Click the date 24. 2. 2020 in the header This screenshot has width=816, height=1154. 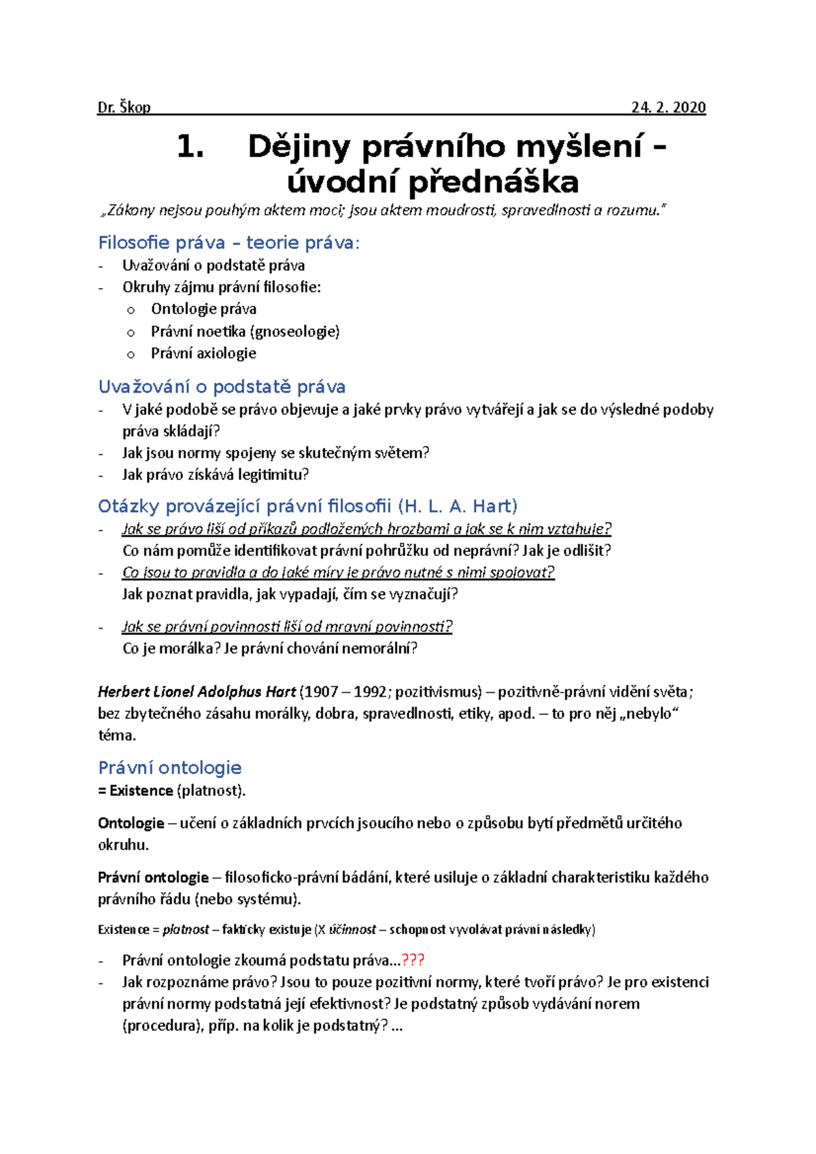(668, 107)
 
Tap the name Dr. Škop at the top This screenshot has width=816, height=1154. (124, 107)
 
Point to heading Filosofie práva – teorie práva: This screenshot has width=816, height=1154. (228, 243)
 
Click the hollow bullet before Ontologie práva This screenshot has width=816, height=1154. (131, 310)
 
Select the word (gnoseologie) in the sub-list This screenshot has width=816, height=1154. (295, 332)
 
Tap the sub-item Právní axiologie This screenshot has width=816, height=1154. (203, 353)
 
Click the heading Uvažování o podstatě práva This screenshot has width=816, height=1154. (222, 387)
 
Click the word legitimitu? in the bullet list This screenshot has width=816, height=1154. (273, 474)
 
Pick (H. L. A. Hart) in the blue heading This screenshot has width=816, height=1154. (458, 506)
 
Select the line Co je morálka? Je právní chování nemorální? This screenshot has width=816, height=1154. (269, 648)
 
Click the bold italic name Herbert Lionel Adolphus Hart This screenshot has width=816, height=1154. (197, 692)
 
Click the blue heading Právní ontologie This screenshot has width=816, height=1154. (170, 768)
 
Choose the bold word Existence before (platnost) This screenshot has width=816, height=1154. (141, 790)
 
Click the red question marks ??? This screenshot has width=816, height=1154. (413, 960)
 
